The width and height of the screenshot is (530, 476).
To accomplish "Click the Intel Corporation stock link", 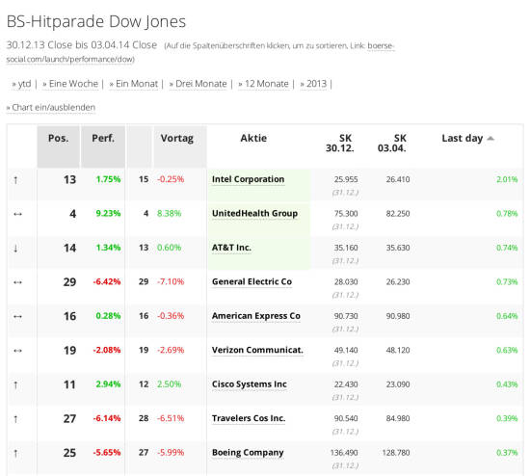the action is tap(248, 179).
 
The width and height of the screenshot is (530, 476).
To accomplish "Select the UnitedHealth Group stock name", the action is tap(254, 213).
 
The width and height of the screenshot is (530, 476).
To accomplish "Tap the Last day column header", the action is tap(462, 138).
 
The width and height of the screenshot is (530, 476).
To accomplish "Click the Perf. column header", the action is tap(103, 138).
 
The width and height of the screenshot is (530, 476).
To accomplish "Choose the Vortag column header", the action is tap(176, 138).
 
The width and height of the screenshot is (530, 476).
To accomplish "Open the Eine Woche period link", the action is tap(73, 84).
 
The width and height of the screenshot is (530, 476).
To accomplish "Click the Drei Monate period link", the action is tap(201, 84).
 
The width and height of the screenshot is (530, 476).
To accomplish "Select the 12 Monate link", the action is tap(267, 84).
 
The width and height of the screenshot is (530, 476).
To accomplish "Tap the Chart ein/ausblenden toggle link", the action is tap(53, 107).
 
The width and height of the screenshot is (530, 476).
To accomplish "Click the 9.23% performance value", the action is tap(108, 213).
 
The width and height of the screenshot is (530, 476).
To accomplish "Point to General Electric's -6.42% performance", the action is tap(107, 281).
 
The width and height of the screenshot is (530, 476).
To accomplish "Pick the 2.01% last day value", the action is tap(507, 179).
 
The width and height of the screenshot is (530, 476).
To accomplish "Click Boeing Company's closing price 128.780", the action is tap(396, 452).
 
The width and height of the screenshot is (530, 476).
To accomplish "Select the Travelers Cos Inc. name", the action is tap(249, 418).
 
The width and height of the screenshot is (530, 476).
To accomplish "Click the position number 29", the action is tap(69, 282).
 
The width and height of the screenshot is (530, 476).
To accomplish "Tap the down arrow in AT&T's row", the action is tap(15, 249).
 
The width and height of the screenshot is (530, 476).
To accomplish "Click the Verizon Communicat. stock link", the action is tap(257, 350).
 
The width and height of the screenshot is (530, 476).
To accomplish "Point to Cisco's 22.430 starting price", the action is tap(346, 384).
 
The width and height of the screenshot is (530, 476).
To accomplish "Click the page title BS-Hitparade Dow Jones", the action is tap(96, 21).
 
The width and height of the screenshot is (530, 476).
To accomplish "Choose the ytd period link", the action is tap(24, 84).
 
